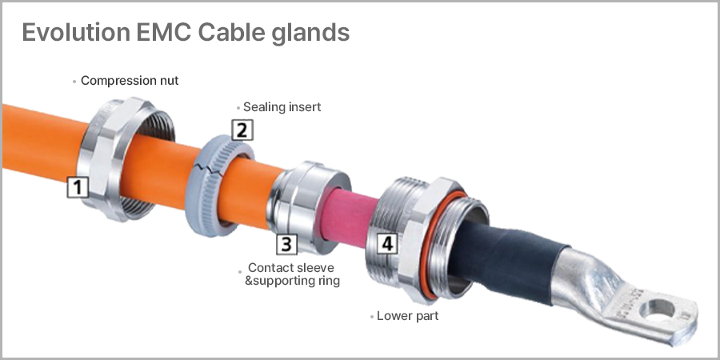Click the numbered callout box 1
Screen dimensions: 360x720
pyautogui.click(x=77, y=188)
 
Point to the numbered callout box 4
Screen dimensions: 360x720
pyautogui.click(x=387, y=242)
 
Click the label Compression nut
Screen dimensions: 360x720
pyautogui.click(x=130, y=81)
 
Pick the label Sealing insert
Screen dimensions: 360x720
pyautogui.click(x=282, y=106)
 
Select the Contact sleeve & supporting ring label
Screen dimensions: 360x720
pyautogui.click(x=291, y=274)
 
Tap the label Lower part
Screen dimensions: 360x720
pyautogui.click(x=407, y=316)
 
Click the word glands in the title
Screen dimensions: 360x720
pyautogui.click(x=310, y=34)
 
